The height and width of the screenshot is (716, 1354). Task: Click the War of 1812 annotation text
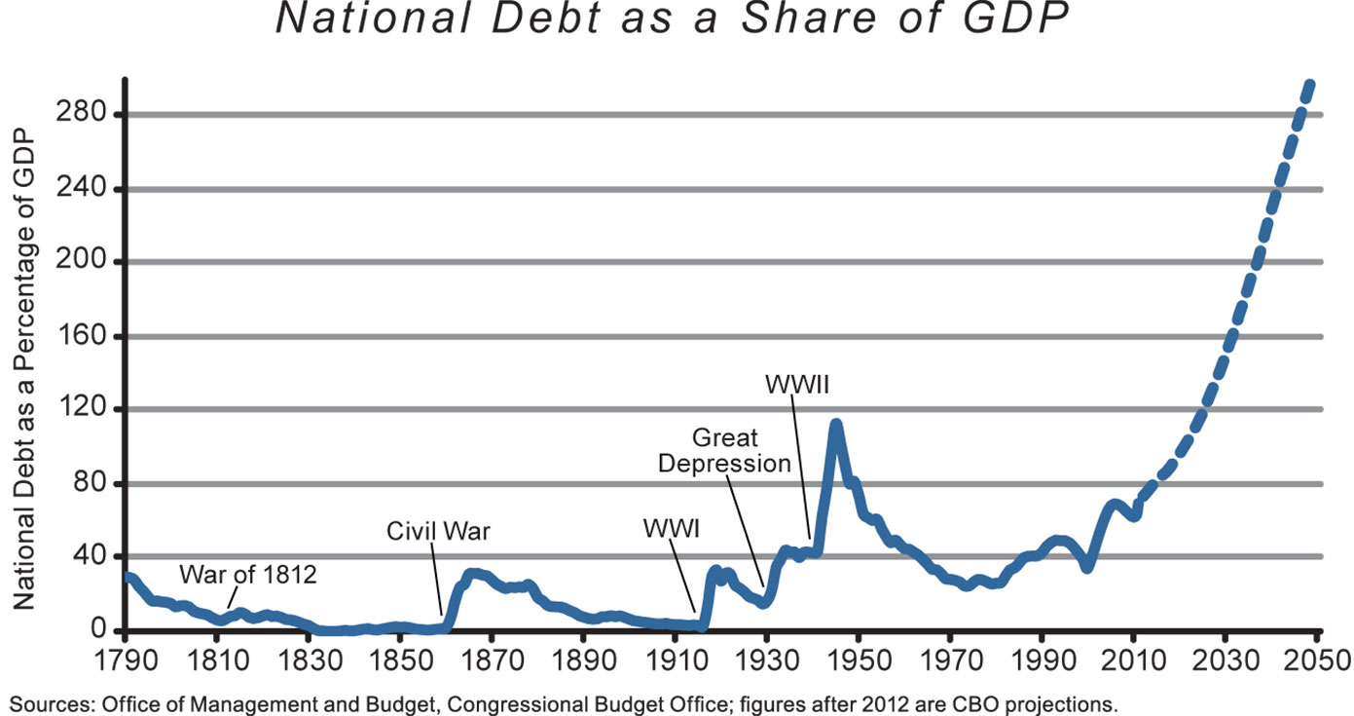coord(248,575)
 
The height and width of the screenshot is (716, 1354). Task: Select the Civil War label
coord(439,532)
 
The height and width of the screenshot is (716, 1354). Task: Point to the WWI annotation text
coord(673,530)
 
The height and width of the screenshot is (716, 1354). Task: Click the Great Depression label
coord(724,450)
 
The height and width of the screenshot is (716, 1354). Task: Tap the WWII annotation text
coord(796,384)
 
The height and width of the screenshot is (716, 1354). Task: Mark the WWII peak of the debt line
coord(835,424)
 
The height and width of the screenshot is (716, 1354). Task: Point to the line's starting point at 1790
coord(128,577)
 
